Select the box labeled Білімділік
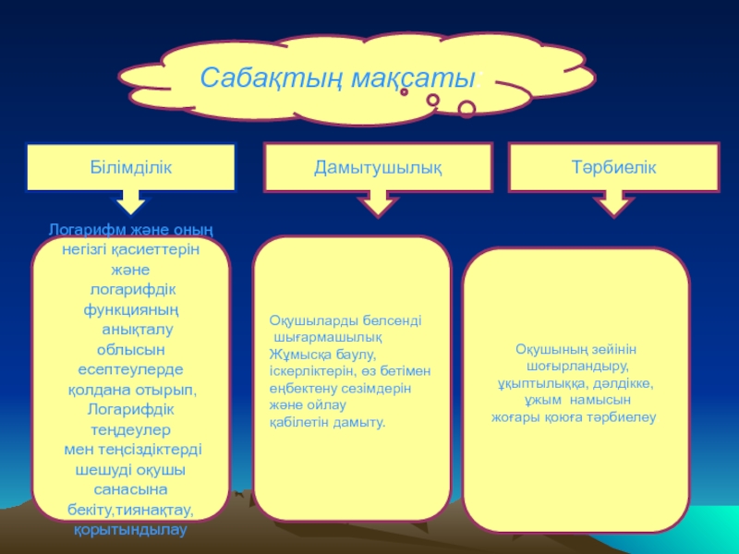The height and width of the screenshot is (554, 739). (x=130, y=167)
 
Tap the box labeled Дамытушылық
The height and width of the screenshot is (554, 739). (x=377, y=168)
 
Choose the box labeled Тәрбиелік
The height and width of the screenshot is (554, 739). (x=613, y=167)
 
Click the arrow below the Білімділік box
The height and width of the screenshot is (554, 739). (x=131, y=202)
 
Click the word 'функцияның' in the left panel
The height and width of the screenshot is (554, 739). (x=130, y=308)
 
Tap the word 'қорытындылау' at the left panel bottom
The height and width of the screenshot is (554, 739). (x=130, y=530)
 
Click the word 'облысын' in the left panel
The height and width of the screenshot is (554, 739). (x=131, y=349)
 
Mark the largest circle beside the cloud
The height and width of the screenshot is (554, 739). (x=466, y=110)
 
